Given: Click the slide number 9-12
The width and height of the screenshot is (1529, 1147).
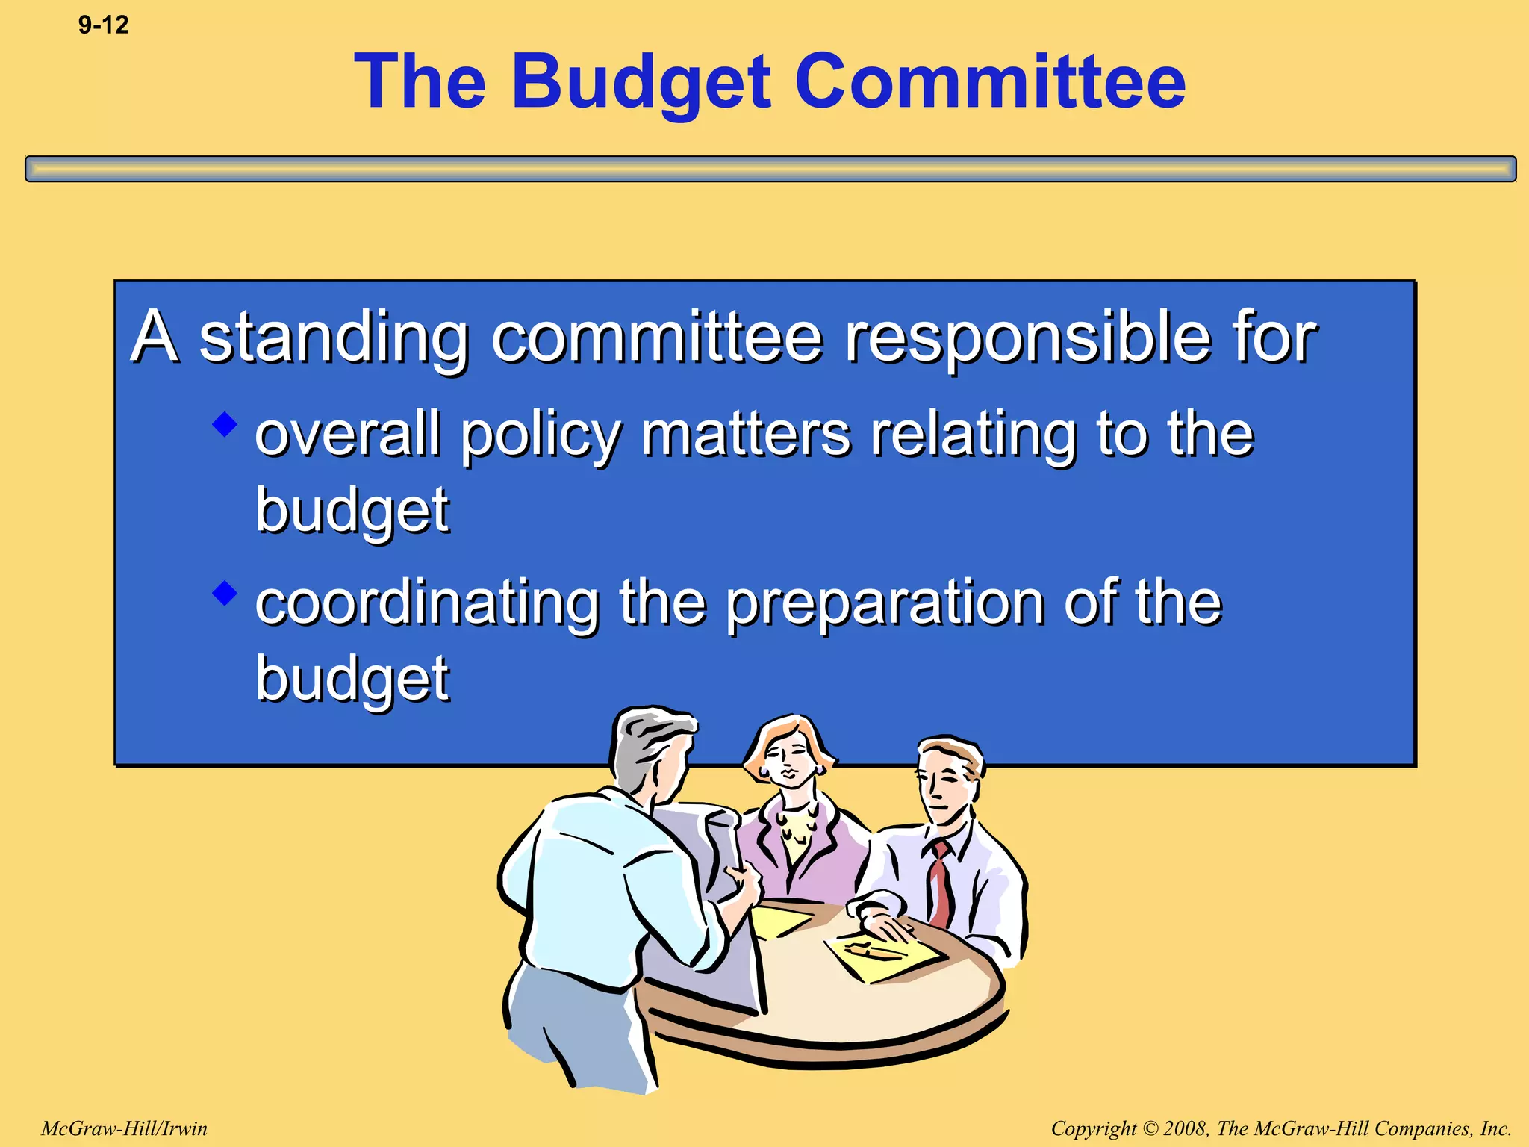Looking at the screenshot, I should click(103, 25).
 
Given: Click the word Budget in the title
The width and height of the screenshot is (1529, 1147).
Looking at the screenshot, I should click(641, 82).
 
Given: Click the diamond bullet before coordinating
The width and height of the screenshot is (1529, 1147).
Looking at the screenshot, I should click(224, 594).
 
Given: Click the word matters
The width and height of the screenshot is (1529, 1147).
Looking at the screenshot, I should click(746, 435).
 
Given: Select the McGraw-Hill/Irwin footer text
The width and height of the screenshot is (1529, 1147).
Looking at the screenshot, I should click(124, 1128).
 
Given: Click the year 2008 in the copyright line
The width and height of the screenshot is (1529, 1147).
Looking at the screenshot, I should click(1186, 1128).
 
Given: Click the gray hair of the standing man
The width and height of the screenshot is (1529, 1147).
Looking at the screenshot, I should click(650, 739).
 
